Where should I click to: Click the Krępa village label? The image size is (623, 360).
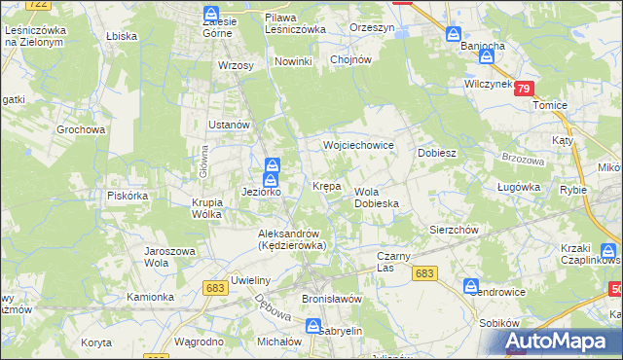[x=326, y=185]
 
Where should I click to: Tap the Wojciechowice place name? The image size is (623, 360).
[x=358, y=145]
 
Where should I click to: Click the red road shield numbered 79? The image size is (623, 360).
[x=525, y=89]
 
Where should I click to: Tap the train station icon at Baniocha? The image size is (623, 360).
[x=454, y=33]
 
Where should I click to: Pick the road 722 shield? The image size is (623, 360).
[x=39, y=5]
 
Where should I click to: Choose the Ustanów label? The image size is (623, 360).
[x=231, y=126]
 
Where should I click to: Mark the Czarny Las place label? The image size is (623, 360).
[x=395, y=262]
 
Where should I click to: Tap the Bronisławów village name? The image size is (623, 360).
[x=332, y=299]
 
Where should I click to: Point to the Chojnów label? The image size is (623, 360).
[x=351, y=59]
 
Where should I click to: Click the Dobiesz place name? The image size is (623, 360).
[x=437, y=154]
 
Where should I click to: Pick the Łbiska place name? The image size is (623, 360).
[x=122, y=35]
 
